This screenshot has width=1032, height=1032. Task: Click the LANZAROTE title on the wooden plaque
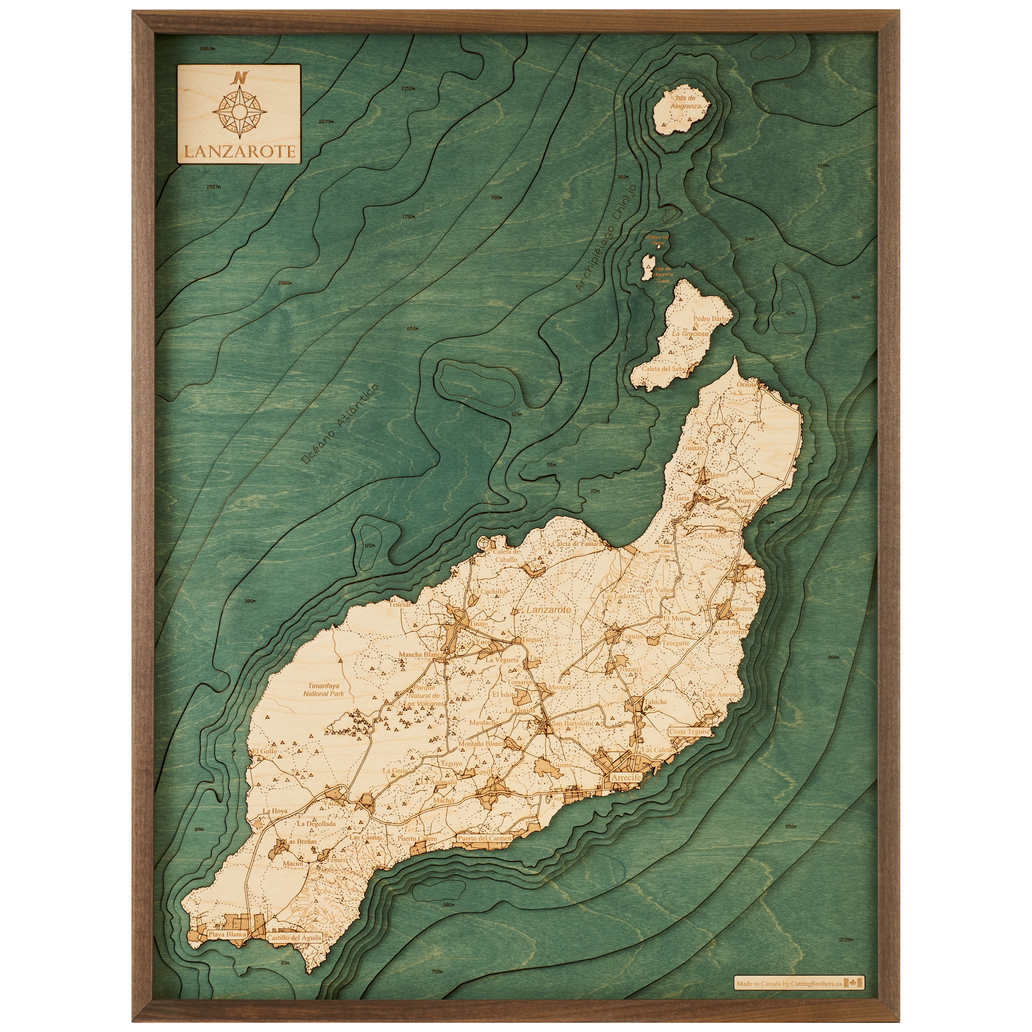pos(239,151)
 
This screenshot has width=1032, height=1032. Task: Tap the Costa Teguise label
pos(690,732)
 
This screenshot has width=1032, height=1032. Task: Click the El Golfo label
pos(265,751)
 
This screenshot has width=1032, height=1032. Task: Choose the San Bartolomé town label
pos(573,723)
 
